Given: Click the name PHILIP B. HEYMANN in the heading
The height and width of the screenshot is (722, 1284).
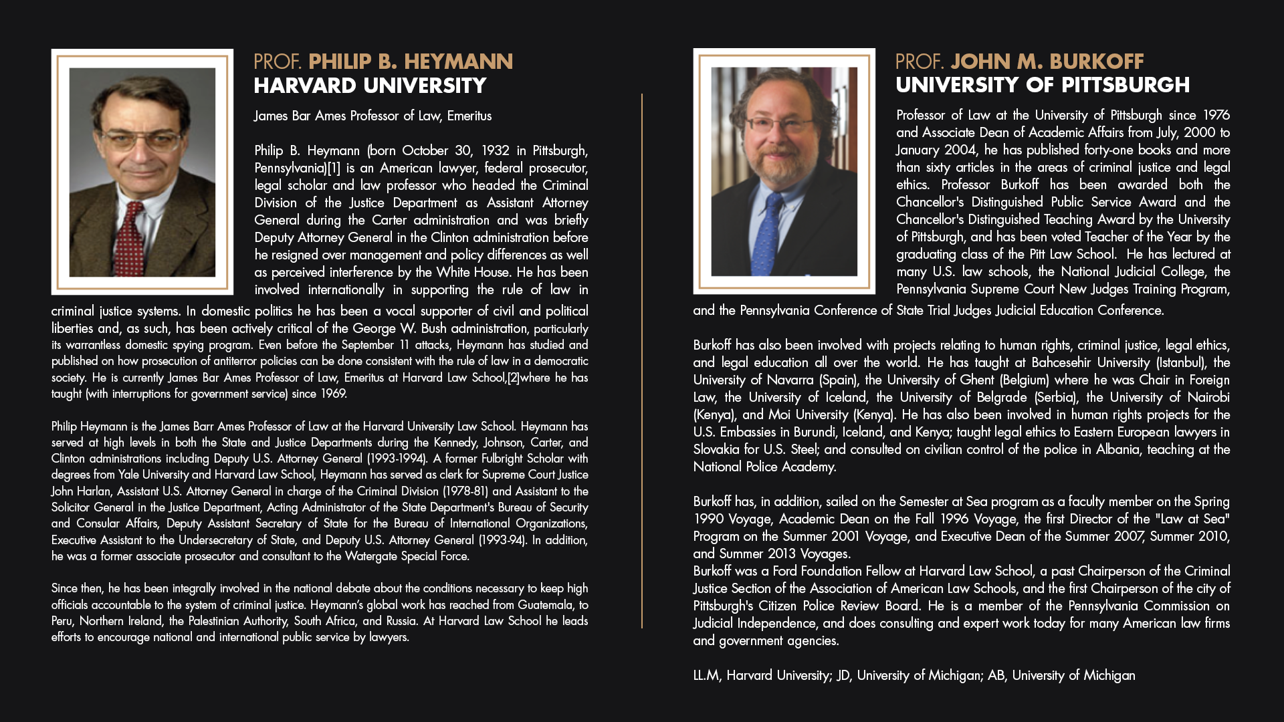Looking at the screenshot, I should [410, 62].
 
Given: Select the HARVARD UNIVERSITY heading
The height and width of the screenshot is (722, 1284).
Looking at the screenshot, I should [370, 86].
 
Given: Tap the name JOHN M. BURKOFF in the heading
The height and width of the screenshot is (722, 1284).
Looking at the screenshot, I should [1047, 62].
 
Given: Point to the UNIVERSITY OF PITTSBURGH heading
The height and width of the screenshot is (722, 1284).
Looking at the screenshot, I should [1043, 86].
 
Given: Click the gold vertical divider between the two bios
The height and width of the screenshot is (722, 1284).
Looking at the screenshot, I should [642, 361].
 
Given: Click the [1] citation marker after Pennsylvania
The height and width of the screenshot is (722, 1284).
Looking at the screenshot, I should [334, 168].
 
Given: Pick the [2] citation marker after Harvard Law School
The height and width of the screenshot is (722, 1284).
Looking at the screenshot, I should [513, 378].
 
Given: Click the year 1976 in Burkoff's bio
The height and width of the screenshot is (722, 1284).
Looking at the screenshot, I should [1216, 116].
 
